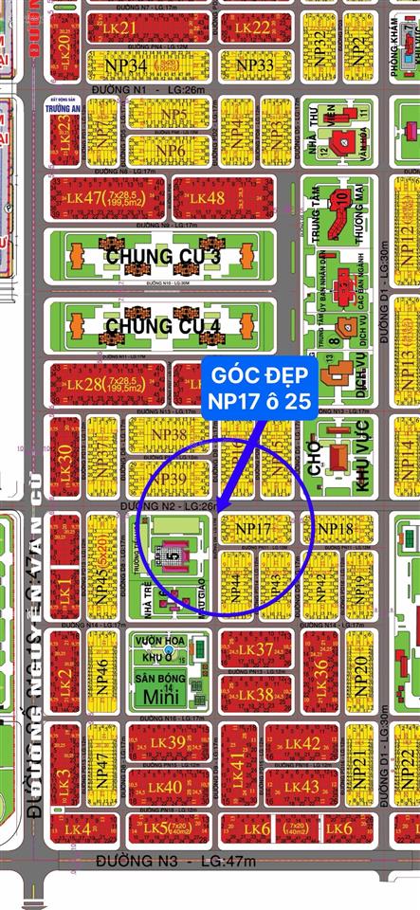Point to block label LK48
tap(207, 197)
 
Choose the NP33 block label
tap(254, 64)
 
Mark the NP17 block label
tap(253, 527)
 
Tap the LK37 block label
tap(256, 648)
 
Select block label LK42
tap(302, 742)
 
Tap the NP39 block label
tap(170, 480)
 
